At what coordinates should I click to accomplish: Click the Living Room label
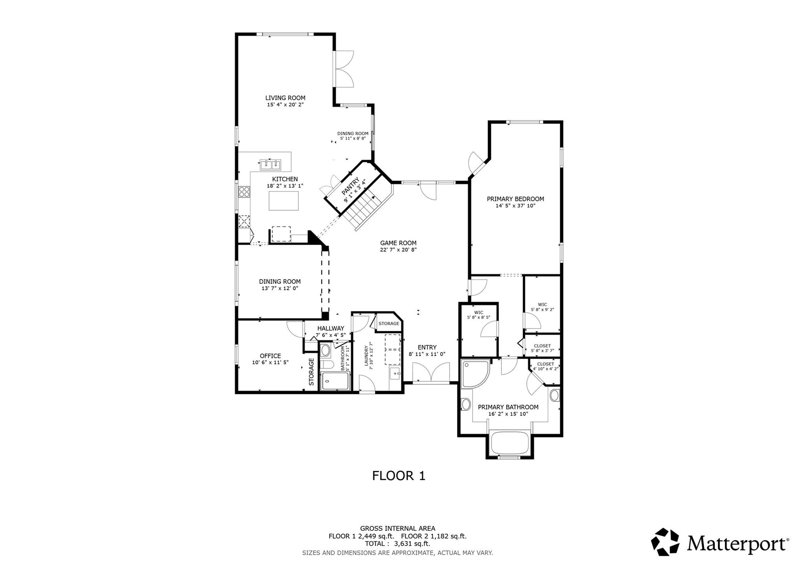pos(285,98)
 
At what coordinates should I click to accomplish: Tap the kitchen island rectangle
pos(284,201)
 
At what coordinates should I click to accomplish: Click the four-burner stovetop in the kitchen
pos(244,192)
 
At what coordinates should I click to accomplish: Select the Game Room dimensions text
pos(398,250)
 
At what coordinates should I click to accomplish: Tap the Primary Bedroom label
pos(515,199)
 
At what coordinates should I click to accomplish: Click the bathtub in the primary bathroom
pos(510,443)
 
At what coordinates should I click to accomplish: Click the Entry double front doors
pos(431,373)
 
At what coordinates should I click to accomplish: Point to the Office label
pos(270,356)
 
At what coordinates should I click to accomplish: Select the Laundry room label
pos(366,355)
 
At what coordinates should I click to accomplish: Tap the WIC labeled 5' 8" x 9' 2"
pos(542,307)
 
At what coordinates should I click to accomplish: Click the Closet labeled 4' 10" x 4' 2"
pos(545,366)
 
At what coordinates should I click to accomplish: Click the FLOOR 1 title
pos(399,476)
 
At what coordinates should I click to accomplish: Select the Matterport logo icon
pos(666,542)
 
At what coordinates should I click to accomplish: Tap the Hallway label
pos(330,328)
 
